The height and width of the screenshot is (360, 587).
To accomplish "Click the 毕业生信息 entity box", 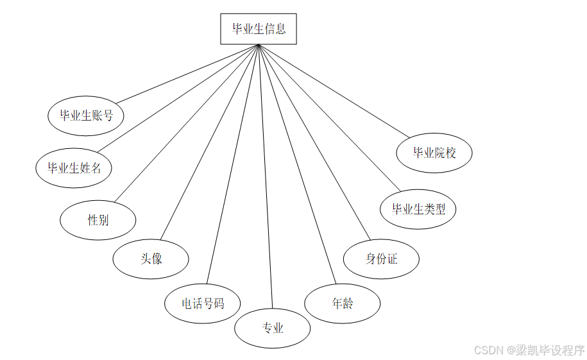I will click(259, 29).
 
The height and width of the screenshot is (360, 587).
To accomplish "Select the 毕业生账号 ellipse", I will click(86, 116).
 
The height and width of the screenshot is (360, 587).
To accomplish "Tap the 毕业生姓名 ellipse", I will click(74, 168).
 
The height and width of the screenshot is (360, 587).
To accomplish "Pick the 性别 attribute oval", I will click(98, 220).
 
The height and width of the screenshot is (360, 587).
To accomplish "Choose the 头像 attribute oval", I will click(151, 259).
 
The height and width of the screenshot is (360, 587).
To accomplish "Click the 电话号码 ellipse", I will click(203, 303).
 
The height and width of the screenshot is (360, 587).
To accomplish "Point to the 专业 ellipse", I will click(273, 329).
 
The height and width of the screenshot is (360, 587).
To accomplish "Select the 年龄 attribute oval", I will click(343, 303).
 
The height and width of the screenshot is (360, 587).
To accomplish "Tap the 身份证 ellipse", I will click(382, 259).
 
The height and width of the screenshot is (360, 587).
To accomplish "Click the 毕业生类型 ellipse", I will click(418, 209).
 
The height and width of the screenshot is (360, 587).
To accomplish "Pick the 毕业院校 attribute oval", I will click(434, 153).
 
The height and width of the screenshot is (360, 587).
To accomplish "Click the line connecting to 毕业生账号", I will click(186, 74).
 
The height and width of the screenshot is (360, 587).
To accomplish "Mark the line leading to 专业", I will click(266, 176).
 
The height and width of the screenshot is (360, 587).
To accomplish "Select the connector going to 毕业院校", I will click(334, 90).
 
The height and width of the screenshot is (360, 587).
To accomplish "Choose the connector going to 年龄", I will click(296, 164).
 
